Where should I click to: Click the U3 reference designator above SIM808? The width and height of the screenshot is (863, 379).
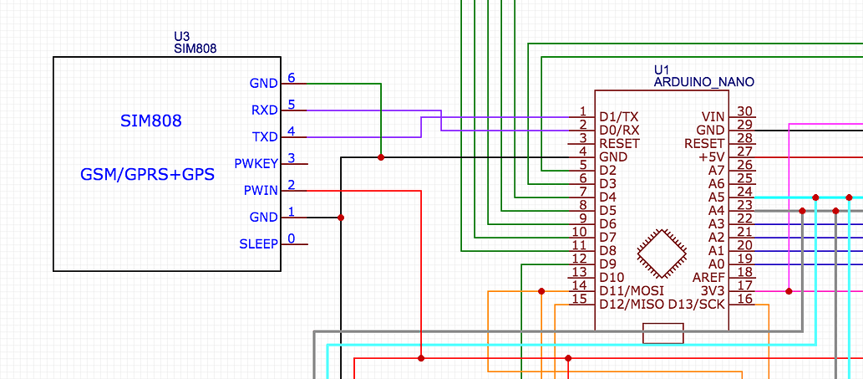click(181, 36)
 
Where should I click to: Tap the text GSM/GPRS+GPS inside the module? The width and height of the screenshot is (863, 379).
click(147, 175)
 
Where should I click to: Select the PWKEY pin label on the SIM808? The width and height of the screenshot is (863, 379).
click(256, 163)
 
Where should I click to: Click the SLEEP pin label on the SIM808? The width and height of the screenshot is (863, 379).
click(259, 243)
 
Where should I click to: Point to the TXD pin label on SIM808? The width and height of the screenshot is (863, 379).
click(264, 136)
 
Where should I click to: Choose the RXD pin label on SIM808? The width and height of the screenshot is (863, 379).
click(264, 110)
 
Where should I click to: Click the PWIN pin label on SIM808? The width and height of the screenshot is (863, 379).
click(261, 190)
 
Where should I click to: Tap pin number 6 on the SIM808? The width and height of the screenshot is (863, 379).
click(291, 78)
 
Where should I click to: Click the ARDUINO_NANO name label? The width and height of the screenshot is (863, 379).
click(703, 82)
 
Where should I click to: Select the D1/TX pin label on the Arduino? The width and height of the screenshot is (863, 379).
click(619, 116)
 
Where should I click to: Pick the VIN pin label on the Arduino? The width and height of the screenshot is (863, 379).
click(713, 116)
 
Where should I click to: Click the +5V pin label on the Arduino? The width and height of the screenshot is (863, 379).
click(712, 156)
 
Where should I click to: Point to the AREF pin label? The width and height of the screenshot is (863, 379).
click(709, 277)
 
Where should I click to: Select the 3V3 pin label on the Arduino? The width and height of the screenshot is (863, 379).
click(713, 290)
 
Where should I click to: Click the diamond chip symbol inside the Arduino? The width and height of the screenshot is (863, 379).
click(662, 253)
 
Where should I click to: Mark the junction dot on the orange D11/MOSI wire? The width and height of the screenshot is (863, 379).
click(541, 291)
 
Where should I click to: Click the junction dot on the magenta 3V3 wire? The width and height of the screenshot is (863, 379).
click(789, 291)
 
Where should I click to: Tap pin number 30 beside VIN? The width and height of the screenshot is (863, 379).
click(744, 111)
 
